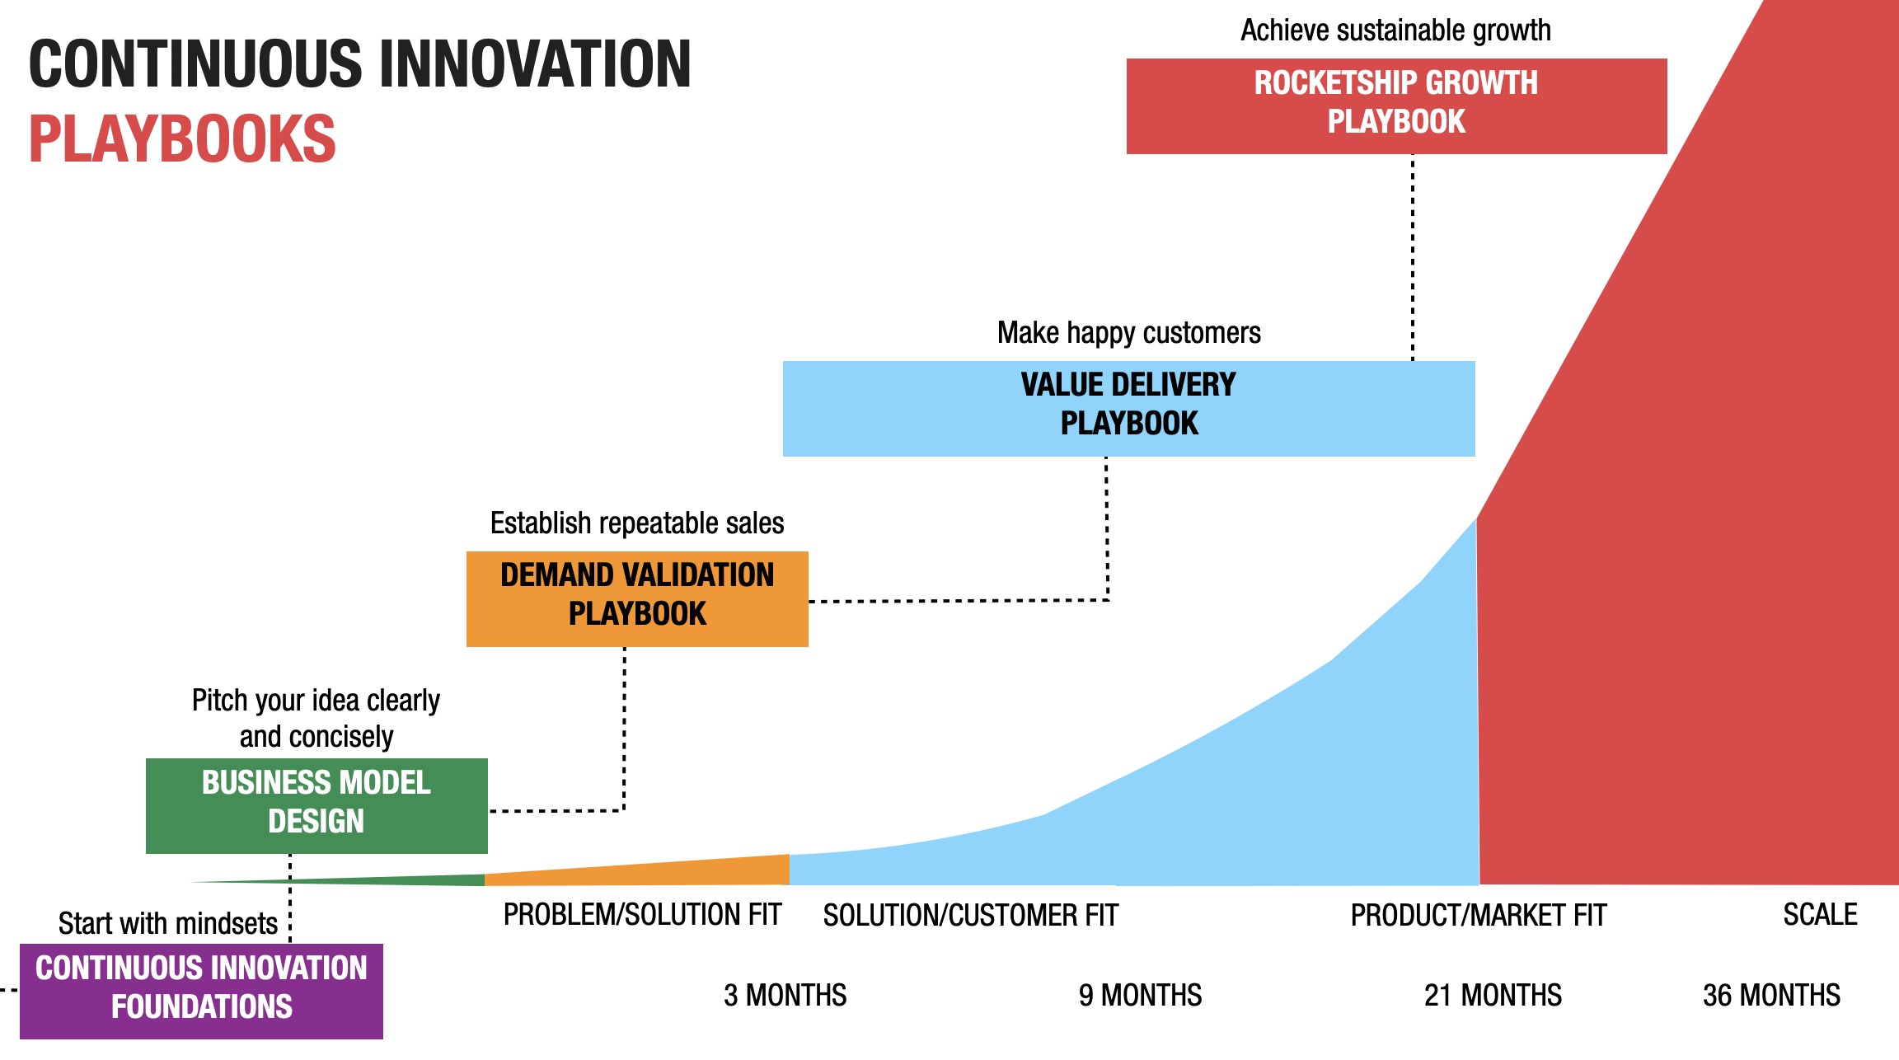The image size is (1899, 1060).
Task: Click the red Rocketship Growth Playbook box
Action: pos(1396,106)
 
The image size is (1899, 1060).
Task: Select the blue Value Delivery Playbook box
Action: pos(1128,408)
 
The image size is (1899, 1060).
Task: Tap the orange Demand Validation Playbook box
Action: pos(637,598)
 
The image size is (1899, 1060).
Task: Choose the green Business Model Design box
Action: pos(316,805)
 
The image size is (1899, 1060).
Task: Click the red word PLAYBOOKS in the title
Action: pos(182,139)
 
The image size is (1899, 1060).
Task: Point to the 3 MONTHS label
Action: pos(785,995)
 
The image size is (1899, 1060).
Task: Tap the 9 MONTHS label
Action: pos(1140,995)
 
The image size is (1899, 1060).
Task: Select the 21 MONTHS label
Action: pos(1493,995)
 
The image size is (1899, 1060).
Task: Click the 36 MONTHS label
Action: pos(1771,995)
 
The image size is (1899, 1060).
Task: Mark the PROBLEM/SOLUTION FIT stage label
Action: pos(642,915)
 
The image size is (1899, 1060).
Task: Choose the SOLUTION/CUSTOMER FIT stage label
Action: pos(970,916)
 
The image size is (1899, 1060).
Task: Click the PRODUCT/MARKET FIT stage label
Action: pos(1479,916)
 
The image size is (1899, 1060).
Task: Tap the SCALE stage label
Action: pos(1820,915)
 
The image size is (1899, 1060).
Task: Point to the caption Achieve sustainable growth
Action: pos(1395,30)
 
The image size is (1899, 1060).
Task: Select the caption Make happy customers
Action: pos(1128,333)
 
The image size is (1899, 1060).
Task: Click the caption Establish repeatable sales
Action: pos(637,523)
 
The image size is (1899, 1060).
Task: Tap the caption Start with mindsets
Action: pos(167,924)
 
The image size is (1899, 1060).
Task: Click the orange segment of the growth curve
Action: pos(659,873)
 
